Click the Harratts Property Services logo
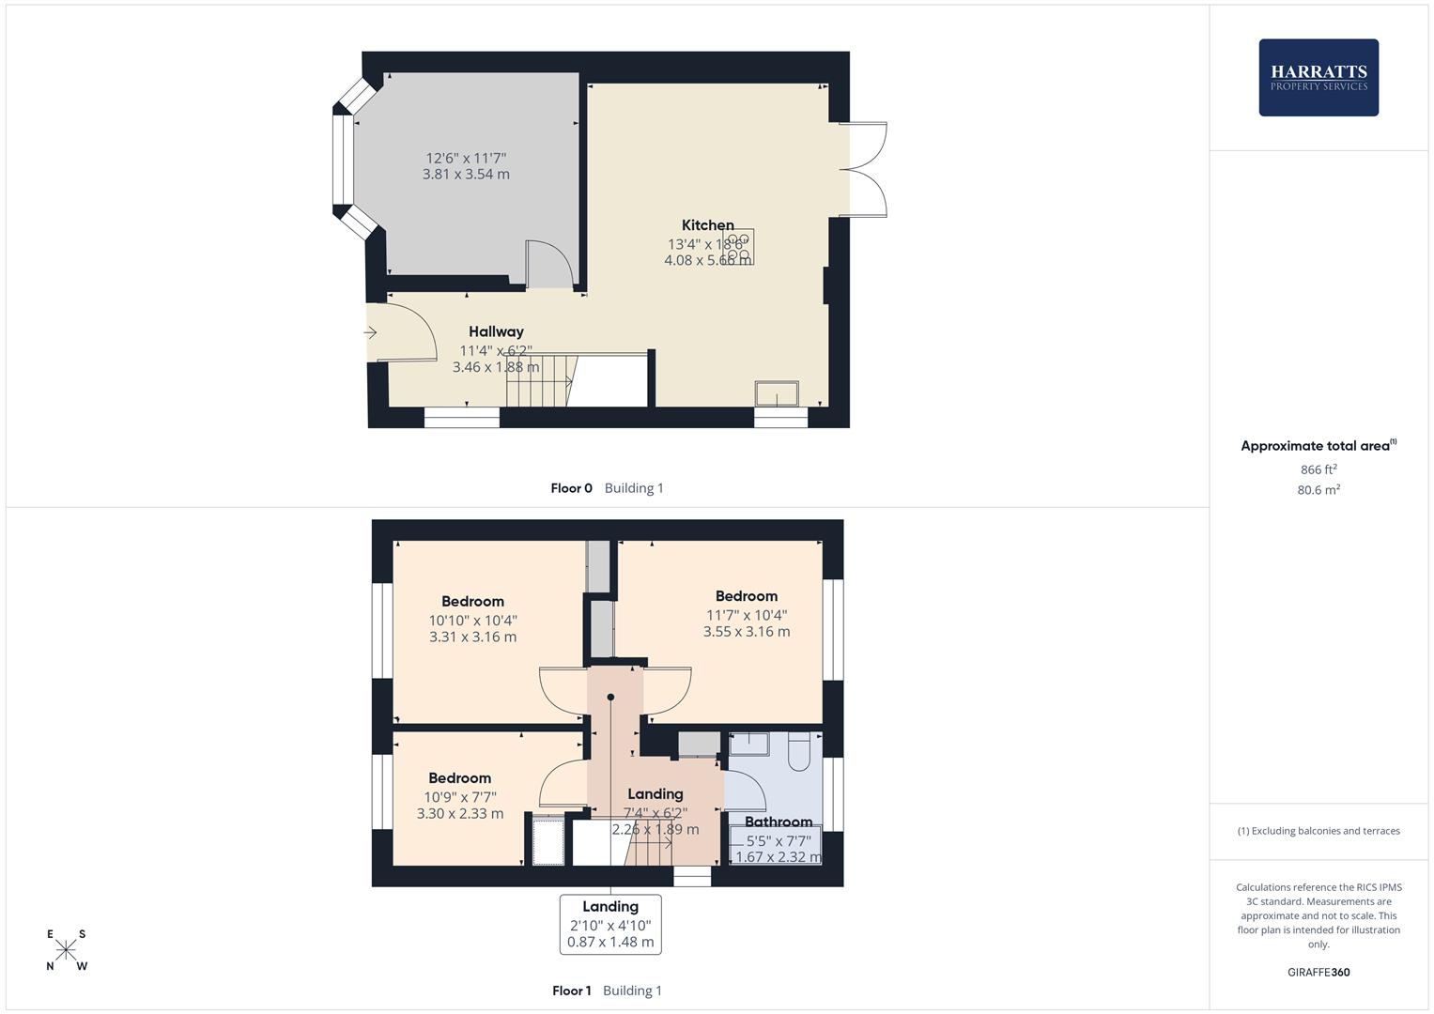click(x=1318, y=77)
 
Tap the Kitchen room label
click(x=707, y=225)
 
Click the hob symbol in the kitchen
click(x=738, y=247)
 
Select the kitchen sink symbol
click(x=777, y=393)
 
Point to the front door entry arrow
click(x=371, y=332)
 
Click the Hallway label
click(x=496, y=331)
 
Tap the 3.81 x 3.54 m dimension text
click(x=466, y=175)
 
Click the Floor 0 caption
click(x=571, y=488)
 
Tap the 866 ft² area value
click(x=1318, y=469)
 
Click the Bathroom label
click(x=778, y=822)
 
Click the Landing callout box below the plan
click(x=610, y=924)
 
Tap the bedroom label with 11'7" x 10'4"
click(x=746, y=596)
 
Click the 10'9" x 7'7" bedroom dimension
click(x=459, y=797)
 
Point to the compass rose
click(x=66, y=950)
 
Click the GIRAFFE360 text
click(x=1318, y=973)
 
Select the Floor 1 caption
click(x=571, y=991)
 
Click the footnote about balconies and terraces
click(x=1318, y=831)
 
